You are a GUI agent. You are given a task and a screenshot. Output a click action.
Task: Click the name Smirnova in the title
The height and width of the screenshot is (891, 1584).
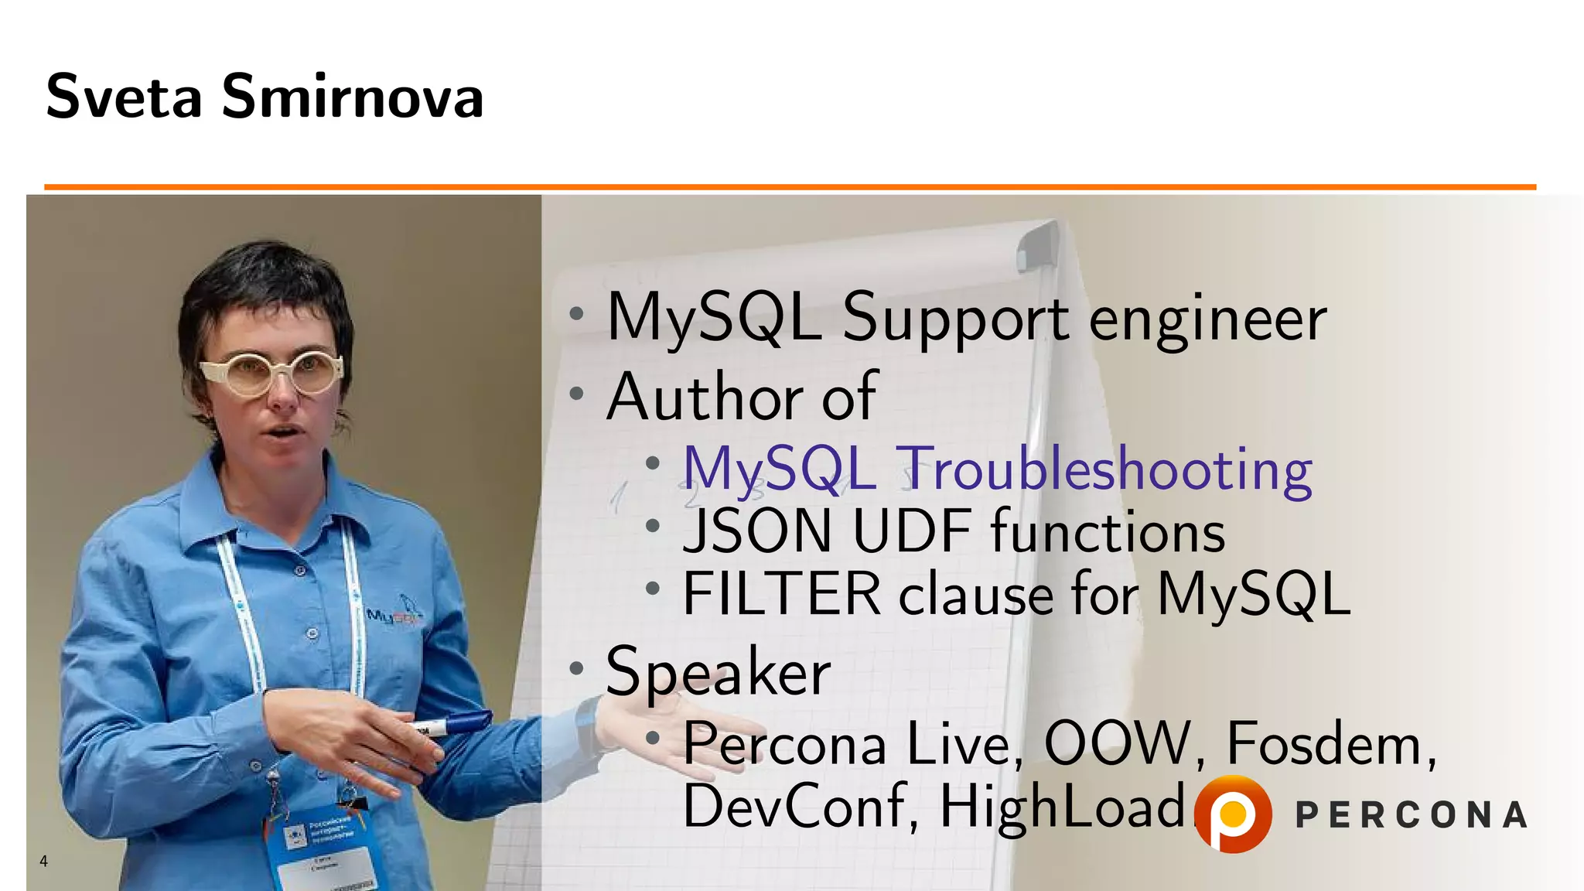point(353,97)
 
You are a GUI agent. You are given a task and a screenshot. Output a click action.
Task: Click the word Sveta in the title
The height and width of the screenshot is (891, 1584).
point(124,97)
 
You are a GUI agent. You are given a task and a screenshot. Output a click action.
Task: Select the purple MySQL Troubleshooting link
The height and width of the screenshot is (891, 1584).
point(998,469)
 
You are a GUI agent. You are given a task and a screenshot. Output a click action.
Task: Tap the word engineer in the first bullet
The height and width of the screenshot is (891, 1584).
point(1208,319)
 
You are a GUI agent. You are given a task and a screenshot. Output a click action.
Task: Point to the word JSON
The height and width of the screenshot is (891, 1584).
point(756,531)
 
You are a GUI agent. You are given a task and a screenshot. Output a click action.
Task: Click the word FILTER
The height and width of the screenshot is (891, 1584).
point(781,594)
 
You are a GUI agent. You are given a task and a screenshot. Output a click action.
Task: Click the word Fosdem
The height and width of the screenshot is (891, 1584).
point(1330,744)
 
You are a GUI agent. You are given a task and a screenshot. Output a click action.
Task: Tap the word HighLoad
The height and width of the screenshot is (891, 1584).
point(1063,806)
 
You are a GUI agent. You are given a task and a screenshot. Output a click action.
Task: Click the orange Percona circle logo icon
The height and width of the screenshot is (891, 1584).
point(1233,814)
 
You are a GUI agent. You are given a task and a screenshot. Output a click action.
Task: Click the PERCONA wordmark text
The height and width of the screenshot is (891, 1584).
point(1411,815)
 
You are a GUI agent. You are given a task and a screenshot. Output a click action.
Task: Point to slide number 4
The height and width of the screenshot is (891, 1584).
point(44,861)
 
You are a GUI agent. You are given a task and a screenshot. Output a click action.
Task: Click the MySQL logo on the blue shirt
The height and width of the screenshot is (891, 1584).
point(394,615)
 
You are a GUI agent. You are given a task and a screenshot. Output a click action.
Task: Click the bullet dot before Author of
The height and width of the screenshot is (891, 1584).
point(576,394)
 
